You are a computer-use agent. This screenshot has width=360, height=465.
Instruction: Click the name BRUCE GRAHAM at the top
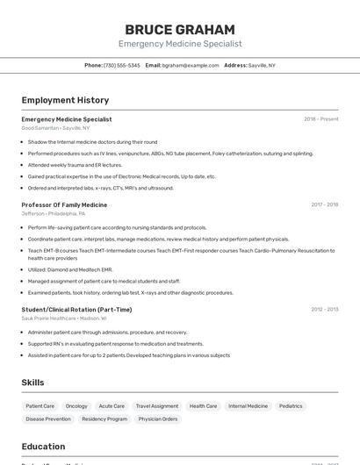[x=180, y=29]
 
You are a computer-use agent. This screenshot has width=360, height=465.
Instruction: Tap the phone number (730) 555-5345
[x=121, y=65]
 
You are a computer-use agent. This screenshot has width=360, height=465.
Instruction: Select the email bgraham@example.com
[x=191, y=65]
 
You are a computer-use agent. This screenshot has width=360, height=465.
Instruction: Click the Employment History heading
[x=65, y=100]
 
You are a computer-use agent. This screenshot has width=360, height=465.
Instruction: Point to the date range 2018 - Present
[x=320, y=118]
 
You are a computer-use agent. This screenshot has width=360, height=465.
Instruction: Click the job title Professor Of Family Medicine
[x=64, y=204]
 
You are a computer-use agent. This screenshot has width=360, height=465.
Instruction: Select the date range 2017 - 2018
[x=324, y=204]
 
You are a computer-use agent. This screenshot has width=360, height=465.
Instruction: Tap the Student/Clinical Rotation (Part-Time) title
[x=76, y=309]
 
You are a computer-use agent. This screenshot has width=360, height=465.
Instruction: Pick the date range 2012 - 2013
[x=324, y=309]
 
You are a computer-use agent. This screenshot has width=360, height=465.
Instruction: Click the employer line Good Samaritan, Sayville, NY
[x=55, y=128]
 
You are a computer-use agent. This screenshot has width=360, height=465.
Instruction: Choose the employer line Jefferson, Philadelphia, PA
[x=54, y=213]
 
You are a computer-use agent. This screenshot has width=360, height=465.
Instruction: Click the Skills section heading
[x=32, y=383]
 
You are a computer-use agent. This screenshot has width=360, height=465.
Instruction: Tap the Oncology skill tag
[x=76, y=406]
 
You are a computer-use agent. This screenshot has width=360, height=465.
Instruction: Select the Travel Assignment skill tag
[x=157, y=406]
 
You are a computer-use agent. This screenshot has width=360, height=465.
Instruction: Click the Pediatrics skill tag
[x=291, y=406]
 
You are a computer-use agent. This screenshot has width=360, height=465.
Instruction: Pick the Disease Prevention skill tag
[x=48, y=419]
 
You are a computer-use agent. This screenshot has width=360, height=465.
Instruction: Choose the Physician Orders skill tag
[x=158, y=419]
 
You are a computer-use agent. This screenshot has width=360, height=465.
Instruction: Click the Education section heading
[x=43, y=447]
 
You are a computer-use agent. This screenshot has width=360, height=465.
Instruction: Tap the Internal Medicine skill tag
[x=248, y=406]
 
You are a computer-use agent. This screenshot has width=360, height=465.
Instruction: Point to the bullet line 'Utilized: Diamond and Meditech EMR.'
[x=70, y=269]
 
